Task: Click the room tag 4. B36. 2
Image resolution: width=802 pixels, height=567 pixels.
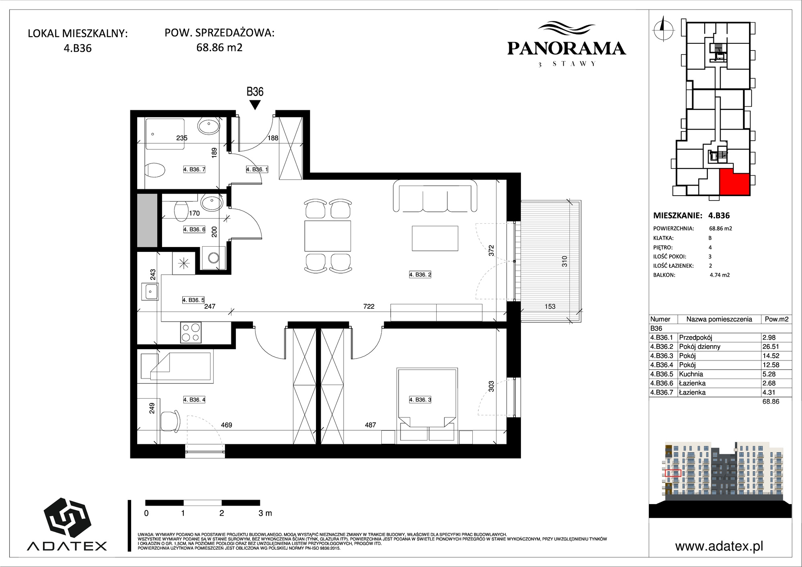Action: click(420, 275)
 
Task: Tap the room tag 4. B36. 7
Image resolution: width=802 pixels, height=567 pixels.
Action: click(194, 170)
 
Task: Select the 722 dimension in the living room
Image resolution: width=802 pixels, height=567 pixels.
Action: click(369, 306)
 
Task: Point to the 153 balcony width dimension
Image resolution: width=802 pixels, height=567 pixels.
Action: click(550, 306)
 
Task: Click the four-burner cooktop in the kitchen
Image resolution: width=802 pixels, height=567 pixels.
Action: click(191, 333)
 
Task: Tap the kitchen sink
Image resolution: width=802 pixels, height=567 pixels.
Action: click(150, 292)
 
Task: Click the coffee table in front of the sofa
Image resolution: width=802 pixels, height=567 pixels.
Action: click(435, 238)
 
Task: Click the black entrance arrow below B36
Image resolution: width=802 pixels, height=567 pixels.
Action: click(255, 105)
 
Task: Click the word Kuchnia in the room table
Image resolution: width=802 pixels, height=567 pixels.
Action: click(691, 374)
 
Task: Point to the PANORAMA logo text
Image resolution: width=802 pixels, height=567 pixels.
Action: click(567, 49)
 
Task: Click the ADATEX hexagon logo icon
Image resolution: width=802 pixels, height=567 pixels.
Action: click(67, 518)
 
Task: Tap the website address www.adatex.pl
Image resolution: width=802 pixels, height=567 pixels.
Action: click(719, 546)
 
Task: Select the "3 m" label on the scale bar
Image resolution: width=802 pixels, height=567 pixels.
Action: click(265, 513)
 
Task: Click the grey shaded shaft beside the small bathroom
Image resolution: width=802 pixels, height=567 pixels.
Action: click(147, 220)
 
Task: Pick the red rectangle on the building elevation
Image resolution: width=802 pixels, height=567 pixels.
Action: click(673, 473)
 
